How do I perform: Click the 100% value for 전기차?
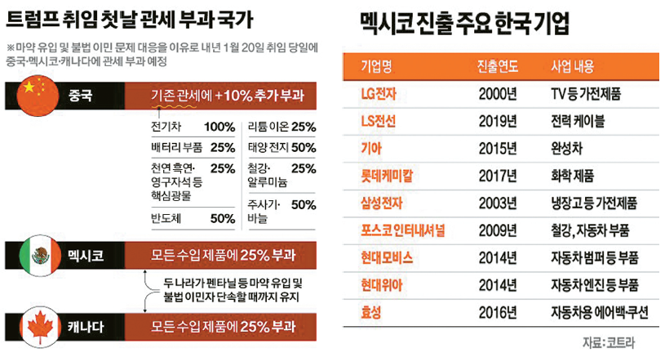[219, 127]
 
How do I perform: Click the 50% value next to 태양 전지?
[303, 147]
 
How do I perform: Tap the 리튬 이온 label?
[267, 127]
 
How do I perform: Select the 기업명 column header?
[377, 66]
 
